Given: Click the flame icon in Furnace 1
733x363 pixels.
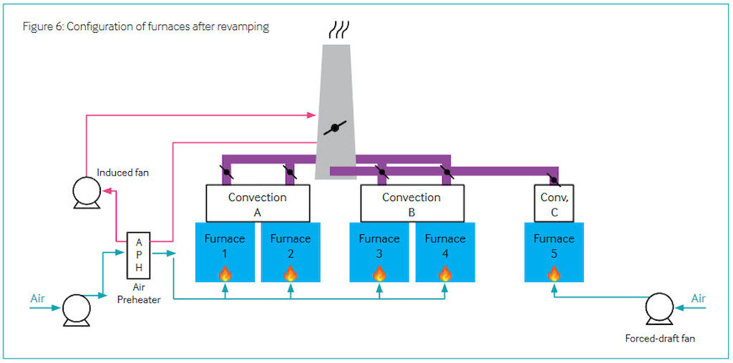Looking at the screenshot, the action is point(225,274).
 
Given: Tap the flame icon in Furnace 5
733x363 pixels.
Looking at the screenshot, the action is point(554,274).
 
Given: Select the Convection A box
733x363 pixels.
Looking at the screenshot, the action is point(258,203).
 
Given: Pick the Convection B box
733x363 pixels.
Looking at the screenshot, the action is point(412,203).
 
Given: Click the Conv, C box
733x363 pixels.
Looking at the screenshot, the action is point(554,203).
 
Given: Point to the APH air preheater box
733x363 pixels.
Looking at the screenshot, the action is point(139,254).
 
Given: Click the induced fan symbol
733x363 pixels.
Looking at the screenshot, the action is point(87,193).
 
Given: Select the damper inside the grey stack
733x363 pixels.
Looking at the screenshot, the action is point(335,127).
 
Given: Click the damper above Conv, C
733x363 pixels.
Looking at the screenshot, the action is point(555,179).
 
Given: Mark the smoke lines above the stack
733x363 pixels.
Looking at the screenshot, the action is point(337,30).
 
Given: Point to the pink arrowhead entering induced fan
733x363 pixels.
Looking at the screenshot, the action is point(107,191).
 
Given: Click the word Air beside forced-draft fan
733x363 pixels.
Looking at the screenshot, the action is point(699,299).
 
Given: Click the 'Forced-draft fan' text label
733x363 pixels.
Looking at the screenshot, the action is point(659,339).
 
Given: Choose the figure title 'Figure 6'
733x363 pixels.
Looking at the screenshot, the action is point(42,26).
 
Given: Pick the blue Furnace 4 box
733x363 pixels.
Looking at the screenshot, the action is point(445,252).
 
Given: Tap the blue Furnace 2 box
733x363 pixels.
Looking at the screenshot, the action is point(291,252).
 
